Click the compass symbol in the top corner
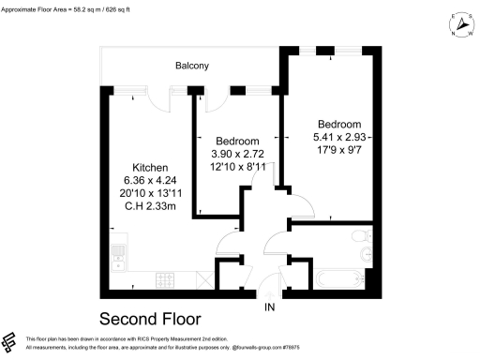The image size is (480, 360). (x=459, y=25)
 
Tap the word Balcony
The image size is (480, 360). (x=191, y=66)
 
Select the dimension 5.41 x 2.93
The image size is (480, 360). (x=338, y=139)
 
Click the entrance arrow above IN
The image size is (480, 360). (x=270, y=292)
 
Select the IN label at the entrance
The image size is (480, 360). (x=270, y=307)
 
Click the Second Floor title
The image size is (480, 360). (x=150, y=318)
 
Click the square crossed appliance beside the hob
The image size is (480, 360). (x=202, y=279)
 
